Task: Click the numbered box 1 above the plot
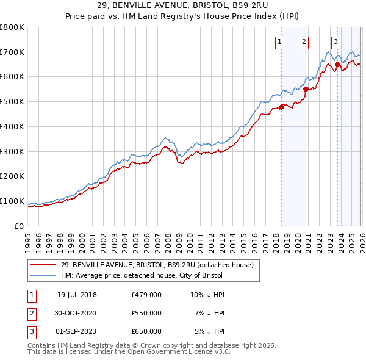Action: (279, 42)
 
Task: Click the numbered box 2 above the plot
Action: (304, 42)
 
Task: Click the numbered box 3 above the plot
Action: (335, 42)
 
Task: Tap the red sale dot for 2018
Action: (281, 107)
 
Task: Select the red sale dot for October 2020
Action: (306, 89)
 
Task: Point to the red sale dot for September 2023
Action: (337, 64)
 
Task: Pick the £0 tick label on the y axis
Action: (20, 226)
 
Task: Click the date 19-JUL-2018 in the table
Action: (77, 295)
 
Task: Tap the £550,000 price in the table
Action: (146, 313)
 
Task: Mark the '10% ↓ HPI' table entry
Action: (208, 295)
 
